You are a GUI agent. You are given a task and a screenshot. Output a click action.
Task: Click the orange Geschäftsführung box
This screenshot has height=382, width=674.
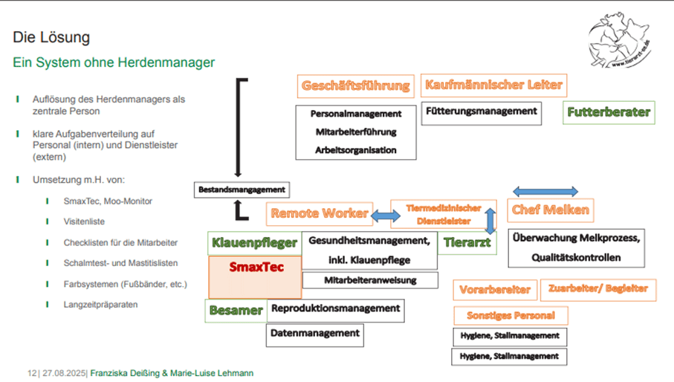click(x=355, y=85)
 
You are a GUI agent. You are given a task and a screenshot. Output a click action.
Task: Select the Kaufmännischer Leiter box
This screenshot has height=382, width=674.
click(x=493, y=85)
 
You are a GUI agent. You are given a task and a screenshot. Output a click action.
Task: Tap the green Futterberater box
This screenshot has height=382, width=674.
click(x=608, y=113)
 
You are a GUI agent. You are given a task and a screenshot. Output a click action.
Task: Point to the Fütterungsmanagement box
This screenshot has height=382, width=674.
click(x=481, y=111)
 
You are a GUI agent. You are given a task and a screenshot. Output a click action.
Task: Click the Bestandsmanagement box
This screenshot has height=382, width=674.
click(x=241, y=190)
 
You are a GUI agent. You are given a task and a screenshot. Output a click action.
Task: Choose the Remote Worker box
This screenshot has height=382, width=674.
click(x=319, y=213)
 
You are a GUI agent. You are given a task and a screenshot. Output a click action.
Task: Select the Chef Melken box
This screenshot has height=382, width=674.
click(x=551, y=210)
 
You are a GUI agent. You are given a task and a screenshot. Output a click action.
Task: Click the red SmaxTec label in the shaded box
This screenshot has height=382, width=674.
click(x=256, y=266)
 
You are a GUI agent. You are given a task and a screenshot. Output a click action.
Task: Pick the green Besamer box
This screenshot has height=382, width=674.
click(x=235, y=310)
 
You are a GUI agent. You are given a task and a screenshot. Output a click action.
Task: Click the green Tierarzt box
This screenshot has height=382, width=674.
click(x=466, y=242)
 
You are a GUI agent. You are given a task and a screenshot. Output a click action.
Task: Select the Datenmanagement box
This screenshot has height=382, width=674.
click(x=314, y=334)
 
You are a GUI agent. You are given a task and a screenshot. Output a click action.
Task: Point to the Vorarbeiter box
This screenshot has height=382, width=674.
click(x=494, y=289)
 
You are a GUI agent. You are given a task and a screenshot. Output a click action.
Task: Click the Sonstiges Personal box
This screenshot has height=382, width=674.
click(x=510, y=315)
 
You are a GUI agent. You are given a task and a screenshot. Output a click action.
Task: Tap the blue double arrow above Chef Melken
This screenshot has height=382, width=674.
click(x=545, y=192)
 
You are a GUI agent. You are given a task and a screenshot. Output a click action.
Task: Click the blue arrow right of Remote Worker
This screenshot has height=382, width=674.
click(x=385, y=216)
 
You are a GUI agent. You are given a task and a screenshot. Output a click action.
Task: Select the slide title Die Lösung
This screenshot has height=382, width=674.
click(x=51, y=37)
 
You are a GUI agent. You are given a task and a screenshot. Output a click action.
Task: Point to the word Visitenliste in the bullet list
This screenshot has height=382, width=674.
click(x=84, y=221)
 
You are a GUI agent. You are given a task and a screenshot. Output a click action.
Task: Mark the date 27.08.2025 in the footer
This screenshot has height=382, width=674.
click(x=64, y=373)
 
